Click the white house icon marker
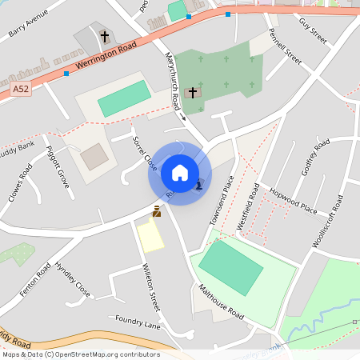coord(180,172)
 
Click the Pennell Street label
coord(284,48)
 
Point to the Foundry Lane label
coord(137,322)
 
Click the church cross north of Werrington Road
coord(105,36)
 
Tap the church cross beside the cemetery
coord(192,93)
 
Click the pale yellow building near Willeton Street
coord(150,236)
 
